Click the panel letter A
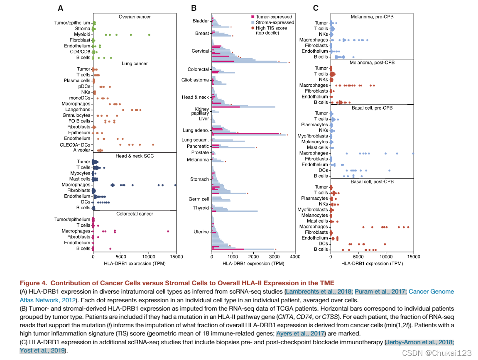click(61, 8)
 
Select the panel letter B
click(194, 8)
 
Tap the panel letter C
click(316, 8)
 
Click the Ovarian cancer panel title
click(135, 17)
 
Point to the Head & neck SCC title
click(135, 156)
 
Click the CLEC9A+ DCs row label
click(75, 144)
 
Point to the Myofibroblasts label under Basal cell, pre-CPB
click(312, 136)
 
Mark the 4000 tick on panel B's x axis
click(295, 257)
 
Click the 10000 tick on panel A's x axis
click(149, 257)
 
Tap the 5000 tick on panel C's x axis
click(358, 257)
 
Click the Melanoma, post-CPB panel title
click(372, 63)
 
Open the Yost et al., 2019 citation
click(42, 350)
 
